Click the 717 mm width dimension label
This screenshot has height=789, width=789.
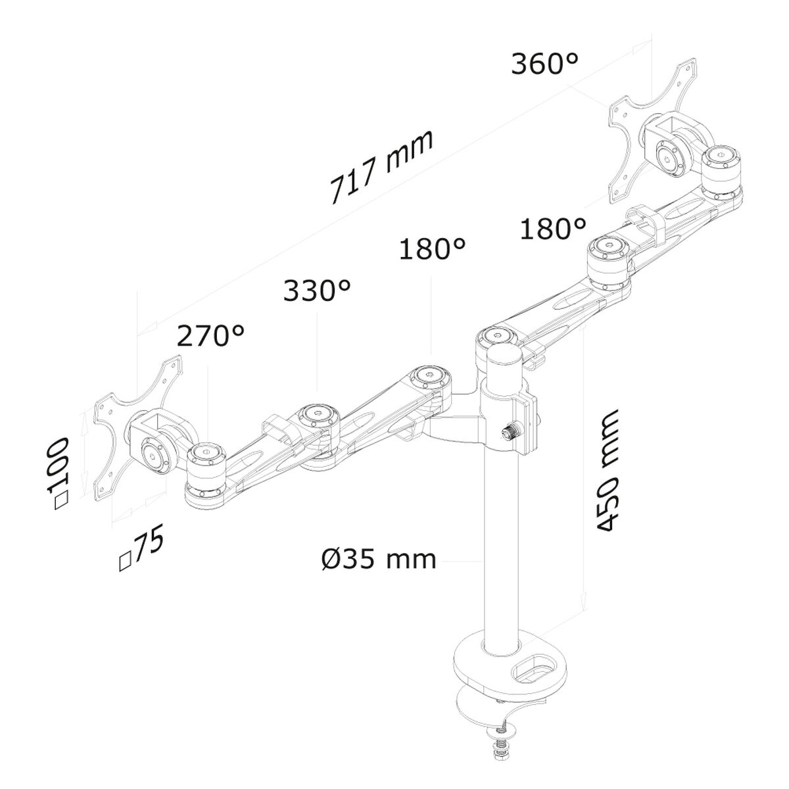[381, 168]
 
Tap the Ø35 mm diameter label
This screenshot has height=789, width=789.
[379, 560]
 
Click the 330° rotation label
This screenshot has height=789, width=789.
[316, 290]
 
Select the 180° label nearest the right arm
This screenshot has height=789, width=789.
[552, 229]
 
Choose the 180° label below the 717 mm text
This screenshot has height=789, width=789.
[432, 250]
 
